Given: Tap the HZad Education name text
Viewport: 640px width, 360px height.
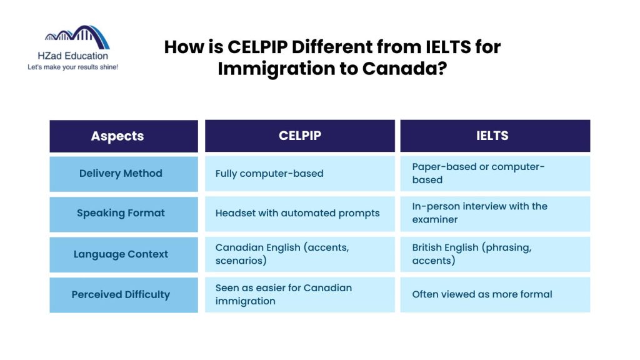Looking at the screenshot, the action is [72, 56].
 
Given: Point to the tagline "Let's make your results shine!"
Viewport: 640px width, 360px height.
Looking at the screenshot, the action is [72, 67].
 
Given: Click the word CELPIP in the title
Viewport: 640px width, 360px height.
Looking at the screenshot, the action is [257, 47].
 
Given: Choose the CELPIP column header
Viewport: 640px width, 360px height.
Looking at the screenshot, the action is [300, 136].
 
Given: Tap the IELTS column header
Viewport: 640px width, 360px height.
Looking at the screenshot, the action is [495, 136].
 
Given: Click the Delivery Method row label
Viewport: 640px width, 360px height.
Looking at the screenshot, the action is [121, 174].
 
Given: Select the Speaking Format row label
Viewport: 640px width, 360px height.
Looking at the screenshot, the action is [121, 213].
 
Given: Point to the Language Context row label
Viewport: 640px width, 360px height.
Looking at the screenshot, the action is [121, 254].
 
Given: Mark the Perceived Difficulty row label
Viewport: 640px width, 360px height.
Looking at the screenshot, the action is [121, 294].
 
